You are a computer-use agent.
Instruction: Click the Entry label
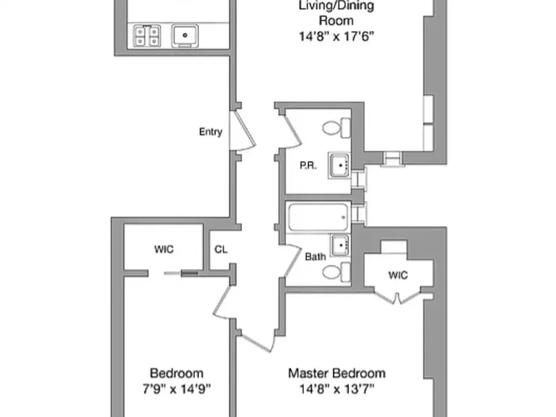coord(211,132)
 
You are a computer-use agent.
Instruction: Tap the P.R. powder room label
coord(308,166)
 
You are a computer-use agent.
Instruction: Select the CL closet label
coord(221,249)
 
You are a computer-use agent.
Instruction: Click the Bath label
coord(315,257)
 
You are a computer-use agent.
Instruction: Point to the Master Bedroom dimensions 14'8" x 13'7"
coord(337,389)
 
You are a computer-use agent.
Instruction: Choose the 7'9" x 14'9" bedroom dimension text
coord(177,389)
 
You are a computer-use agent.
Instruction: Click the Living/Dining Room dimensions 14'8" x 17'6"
coord(336,36)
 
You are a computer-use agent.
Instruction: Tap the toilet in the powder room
coord(336,127)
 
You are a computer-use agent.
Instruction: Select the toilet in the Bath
coord(336,272)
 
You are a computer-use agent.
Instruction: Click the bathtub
coord(318,217)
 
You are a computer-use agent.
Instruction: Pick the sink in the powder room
coord(339,165)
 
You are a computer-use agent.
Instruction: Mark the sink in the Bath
coord(341,245)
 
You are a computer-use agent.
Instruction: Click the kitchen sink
coord(185,35)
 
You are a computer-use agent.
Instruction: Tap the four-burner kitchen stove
coord(147,36)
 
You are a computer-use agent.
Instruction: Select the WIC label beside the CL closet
coord(164,249)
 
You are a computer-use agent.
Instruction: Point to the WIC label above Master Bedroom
coord(398,275)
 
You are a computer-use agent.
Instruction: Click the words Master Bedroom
coord(337,374)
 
